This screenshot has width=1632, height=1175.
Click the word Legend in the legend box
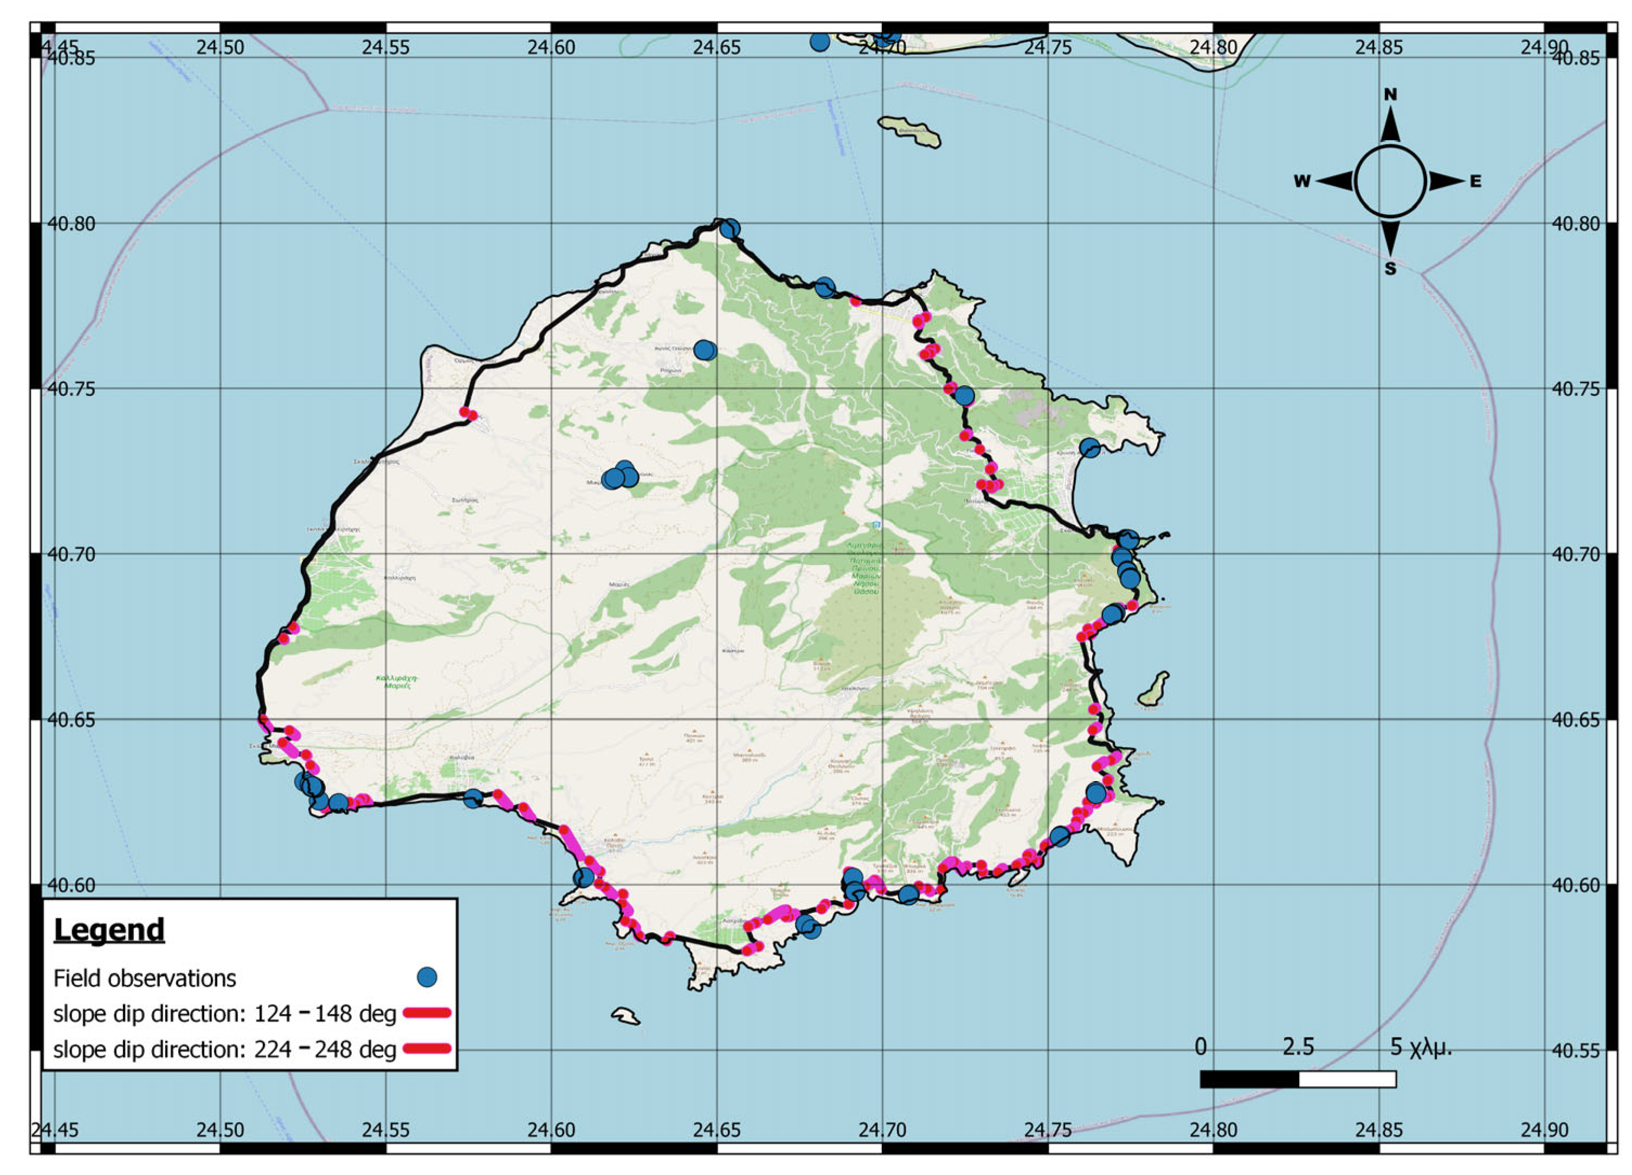109,930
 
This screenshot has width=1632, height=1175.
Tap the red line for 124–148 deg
427,1013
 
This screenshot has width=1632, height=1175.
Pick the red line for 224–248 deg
427,1048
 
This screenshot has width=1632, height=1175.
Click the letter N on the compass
1390,94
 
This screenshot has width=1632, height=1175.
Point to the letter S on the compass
1390,269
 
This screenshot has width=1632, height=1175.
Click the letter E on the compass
1475,181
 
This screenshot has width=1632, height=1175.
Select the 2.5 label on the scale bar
1298,1046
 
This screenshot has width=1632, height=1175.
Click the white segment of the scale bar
1347,1079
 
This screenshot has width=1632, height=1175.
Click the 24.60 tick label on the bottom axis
551,1129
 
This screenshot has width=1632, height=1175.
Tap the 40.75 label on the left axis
70,389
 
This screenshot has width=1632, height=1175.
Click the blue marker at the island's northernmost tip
730,229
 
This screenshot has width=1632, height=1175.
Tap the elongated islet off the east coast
1153,689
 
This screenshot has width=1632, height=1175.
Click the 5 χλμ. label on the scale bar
1421,1046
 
